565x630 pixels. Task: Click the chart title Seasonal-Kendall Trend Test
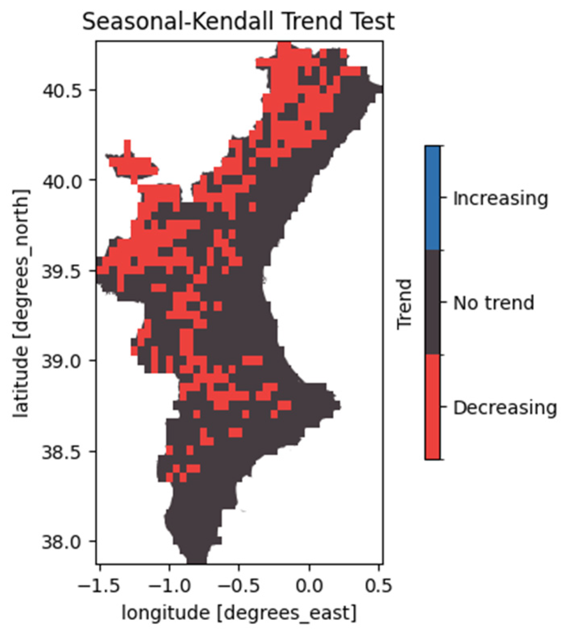[238, 21]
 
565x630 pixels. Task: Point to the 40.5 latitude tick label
[62, 90]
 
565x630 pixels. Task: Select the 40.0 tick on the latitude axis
[62, 181]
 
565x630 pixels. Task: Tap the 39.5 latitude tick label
[62, 271]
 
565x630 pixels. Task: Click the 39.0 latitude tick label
[62, 361]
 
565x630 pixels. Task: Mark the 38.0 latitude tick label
[62, 541]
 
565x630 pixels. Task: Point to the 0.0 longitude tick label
[309, 585]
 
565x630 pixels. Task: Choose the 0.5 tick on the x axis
[378, 585]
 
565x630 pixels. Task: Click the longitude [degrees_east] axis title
[239, 613]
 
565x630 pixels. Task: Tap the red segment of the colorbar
[432, 407]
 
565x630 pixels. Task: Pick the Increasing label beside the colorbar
[500, 198]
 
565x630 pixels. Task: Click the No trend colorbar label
[494, 303]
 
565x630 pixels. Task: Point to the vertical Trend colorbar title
[404, 303]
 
